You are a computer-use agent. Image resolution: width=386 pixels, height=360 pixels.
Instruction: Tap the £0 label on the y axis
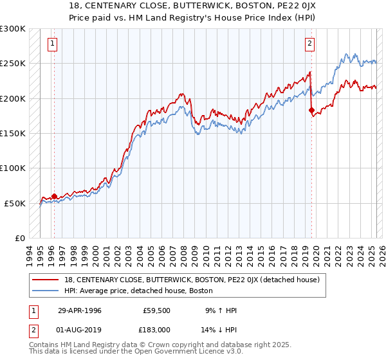click(20, 238)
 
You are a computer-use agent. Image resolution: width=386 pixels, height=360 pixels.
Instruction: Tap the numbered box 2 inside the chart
click(309, 44)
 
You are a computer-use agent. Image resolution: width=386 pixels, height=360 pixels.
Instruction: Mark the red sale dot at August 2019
click(312, 111)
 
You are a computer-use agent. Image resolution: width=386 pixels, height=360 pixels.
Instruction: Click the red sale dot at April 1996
click(54, 196)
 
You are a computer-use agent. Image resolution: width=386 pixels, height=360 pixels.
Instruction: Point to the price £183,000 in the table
click(156, 329)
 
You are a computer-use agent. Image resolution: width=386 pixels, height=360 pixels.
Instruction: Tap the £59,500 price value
click(156, 310)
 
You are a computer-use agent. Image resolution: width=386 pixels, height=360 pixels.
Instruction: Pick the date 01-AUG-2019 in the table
click(80, 329)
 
